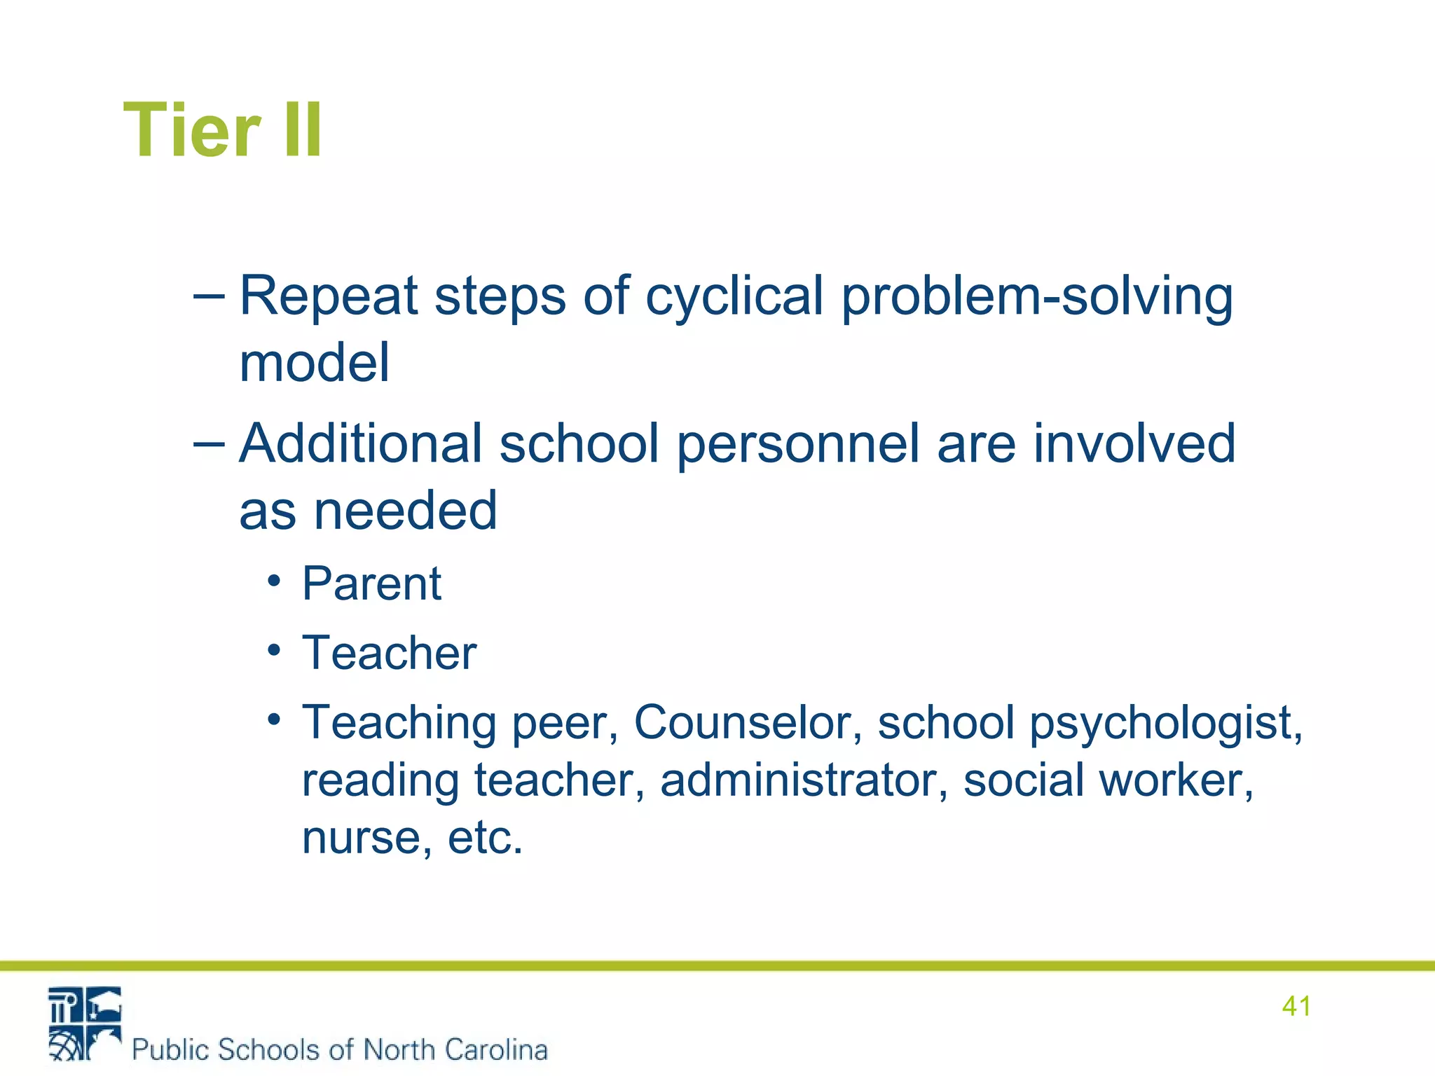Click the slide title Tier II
pyautogui.click(x=223, y=130)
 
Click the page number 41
pyautogui.click(x=1296, y=1006)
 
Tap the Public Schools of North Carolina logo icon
pyautogui.click(x=84, y=1023)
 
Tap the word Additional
pyautogui.click(x=361, y=444)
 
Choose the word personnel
pyautogui.click(x=798, y=444)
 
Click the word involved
pyautogui.click(x=1134, y=444)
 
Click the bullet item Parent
pyautogui.click(x=371, y=584)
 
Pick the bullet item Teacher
pyautogui.click(x=389, y=653)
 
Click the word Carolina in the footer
pyautogui.click(x=495, y=1049)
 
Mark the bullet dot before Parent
pyautogui.click(x=274, y=581)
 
